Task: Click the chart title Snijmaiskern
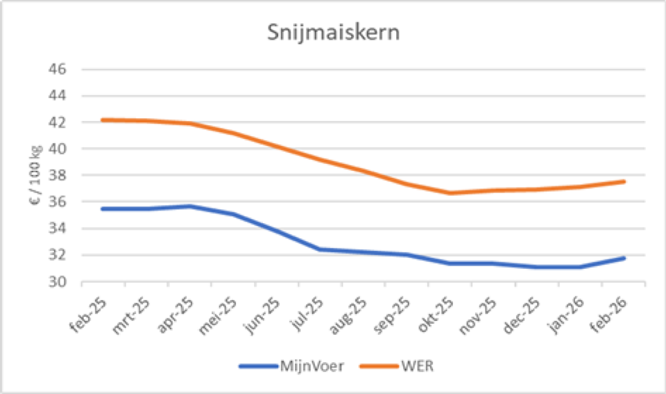(x=333, y=33)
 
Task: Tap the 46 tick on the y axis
(x=57, y=69)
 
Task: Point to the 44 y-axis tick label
(x=57, y=96)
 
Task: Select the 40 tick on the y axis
(x=57, y=149)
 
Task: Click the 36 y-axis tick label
(x=57, y=202)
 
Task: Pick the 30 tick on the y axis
(x=57, y=282)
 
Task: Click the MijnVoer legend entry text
(x=312, y=366)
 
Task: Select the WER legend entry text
(x=416, y=366)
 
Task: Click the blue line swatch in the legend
(x=258, y=366)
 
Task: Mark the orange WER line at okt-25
(x=450, y=192)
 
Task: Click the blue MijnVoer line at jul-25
(x=320, y=249)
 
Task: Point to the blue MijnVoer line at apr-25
(x=189, y=206)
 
